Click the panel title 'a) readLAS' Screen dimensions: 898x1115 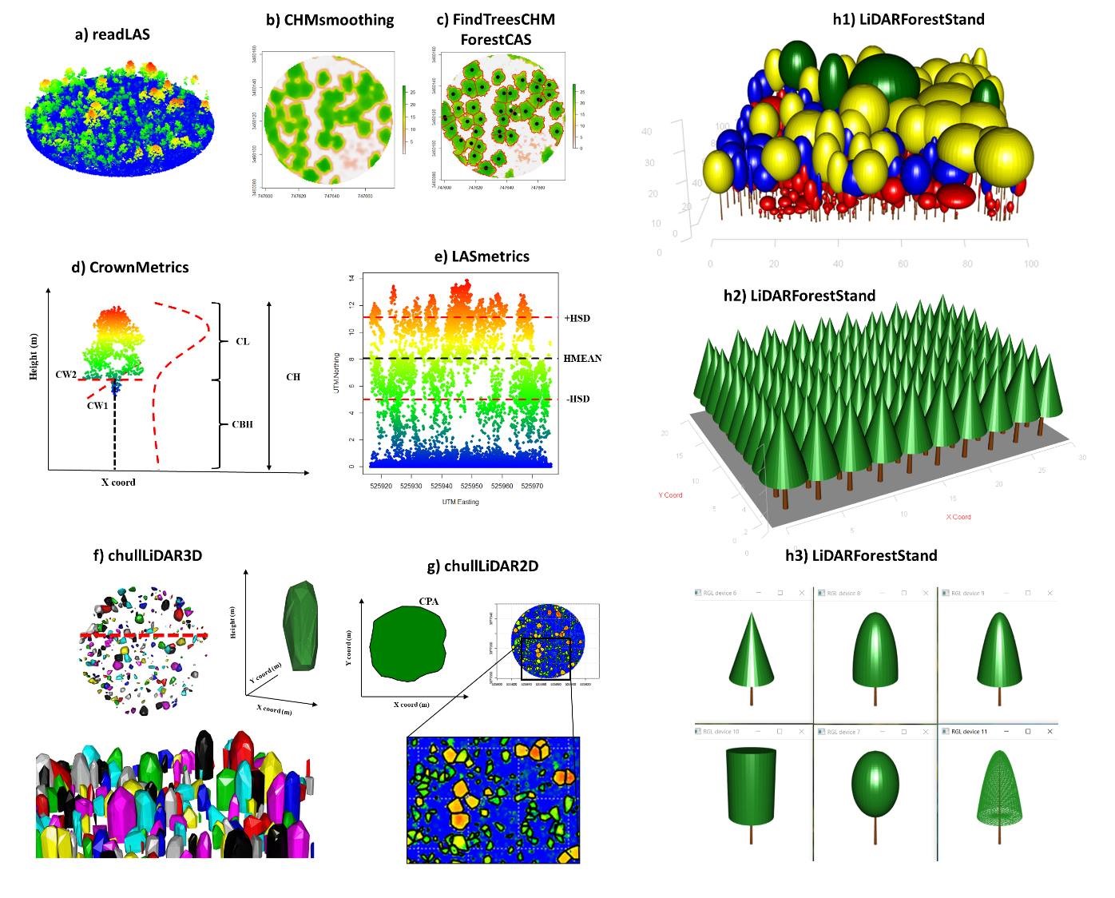(x=112, y=34)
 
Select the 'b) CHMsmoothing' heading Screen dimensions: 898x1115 (x=329, y=20)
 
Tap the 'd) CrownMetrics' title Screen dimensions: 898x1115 (x=130, y=267)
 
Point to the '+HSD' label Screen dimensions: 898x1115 (x=577, y=318)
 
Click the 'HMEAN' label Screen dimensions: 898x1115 (x=582, y=358)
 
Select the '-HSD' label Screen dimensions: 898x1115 (x=577, y=399)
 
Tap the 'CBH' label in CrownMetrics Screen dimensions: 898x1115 (x=242, y=424)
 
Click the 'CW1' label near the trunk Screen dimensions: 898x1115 (x=98, y=405)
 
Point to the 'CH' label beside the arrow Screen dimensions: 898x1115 (x=293, y=376)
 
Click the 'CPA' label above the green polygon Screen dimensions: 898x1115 (x=429, y=600)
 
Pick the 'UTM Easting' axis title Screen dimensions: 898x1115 (x=460, y=502)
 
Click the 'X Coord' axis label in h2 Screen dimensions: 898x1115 (x=958, y=517)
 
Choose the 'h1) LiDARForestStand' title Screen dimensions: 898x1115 (x=908, y=20)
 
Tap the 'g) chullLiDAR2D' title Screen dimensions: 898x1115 (x=482, y=566)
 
